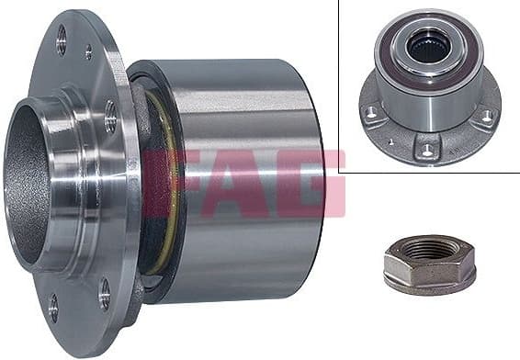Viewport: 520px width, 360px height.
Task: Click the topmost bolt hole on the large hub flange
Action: click(62, 39)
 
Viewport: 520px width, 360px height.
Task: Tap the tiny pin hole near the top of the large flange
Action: click(88, 53)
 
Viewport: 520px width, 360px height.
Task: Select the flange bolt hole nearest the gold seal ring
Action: click(110, 116)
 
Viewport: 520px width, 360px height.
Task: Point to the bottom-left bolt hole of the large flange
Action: click(52, 307)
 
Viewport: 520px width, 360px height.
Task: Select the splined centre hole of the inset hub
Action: click(428, 47)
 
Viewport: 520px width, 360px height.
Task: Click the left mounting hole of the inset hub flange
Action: click(371, 113)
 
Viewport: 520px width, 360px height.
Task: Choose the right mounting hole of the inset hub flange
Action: click(486, 117)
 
